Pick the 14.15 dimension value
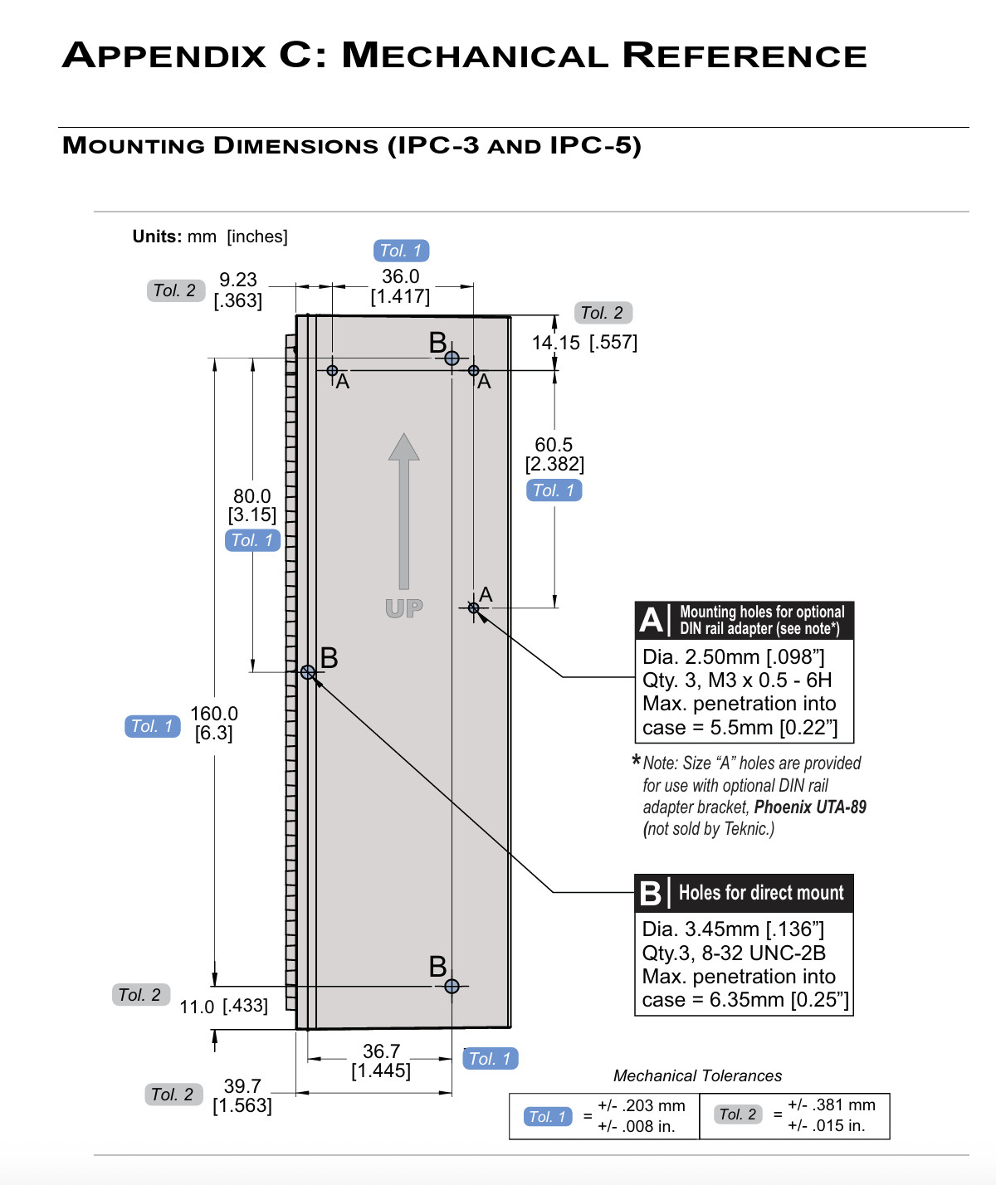(556, 343)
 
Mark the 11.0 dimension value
(198, 1007)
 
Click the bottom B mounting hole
(452, 986)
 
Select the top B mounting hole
(452, 358)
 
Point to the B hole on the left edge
(308, 672)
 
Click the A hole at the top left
(332, 370)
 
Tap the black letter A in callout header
(652, 620)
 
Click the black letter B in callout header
(652, 893)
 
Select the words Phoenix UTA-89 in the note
(810, 807)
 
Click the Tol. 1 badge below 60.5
(554, 490)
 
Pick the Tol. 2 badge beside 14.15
(603, 313)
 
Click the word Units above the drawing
(157, 237)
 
